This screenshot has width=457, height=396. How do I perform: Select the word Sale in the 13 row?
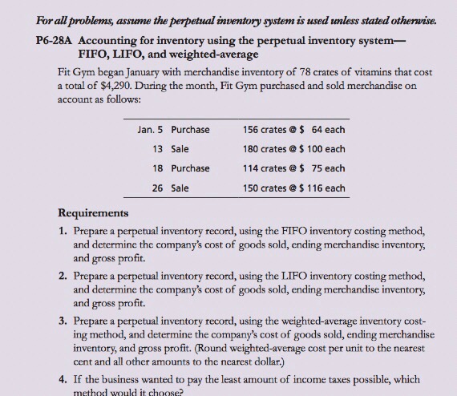tap(180, 148)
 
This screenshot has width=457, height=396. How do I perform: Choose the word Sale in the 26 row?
tap(180, 188)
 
